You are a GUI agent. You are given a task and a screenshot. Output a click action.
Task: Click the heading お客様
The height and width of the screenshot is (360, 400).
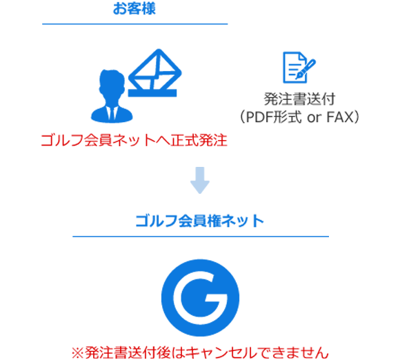coord(134,8)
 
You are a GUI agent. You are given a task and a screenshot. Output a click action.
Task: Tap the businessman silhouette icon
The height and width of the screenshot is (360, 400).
coord(112,96)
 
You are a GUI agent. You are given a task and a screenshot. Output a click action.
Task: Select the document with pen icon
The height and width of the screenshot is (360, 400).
coord(299,68)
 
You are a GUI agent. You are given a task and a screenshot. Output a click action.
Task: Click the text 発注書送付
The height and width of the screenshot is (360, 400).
coord(299,99)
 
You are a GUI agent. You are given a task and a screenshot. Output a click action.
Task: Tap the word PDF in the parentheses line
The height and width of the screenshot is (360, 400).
coord(260,117)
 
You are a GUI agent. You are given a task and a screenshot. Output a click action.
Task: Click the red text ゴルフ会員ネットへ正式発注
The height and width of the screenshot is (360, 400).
coord(134,140)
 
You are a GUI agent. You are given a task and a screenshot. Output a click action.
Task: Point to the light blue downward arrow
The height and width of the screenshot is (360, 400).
coord(200,180)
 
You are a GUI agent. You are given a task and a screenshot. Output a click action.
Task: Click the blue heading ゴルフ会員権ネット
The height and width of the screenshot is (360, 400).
coord(200,221)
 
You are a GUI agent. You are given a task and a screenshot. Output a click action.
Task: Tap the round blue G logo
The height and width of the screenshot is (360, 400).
coord(200,298)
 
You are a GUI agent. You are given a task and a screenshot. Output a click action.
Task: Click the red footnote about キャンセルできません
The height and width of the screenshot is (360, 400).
coord(200,353)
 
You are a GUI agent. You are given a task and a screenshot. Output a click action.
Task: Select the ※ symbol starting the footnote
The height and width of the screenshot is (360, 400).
coord(78,353)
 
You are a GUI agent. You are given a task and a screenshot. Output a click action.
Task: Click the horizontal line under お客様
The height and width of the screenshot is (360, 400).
coord(135,24)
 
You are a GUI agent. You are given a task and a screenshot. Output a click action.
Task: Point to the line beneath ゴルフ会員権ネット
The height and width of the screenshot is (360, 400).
coord(201,237)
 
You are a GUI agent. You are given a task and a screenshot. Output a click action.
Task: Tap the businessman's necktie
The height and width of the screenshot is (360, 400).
coord(112,113)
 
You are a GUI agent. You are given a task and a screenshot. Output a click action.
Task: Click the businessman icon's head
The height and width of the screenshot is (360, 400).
coord(112,84)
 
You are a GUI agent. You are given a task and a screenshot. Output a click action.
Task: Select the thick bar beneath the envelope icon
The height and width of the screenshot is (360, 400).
coord(152,93)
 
